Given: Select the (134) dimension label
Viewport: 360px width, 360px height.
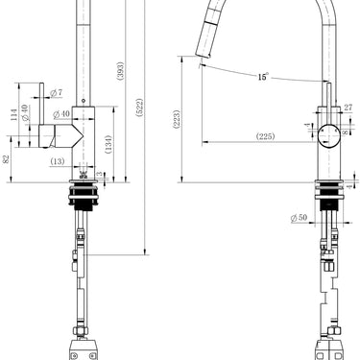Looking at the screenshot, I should pyautogui.click(x=112, y=142).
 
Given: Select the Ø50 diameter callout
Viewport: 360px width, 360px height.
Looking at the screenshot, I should pyautogui.click(x=300, y=219).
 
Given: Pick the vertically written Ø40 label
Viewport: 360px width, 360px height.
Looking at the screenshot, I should pyautogui.click(x=26, y=116).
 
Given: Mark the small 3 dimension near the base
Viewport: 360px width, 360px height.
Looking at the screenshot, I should pyautogui.click(x=100, y=174).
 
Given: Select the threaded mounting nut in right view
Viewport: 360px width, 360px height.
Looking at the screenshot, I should pyautogui.click(x=328, y=199).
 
